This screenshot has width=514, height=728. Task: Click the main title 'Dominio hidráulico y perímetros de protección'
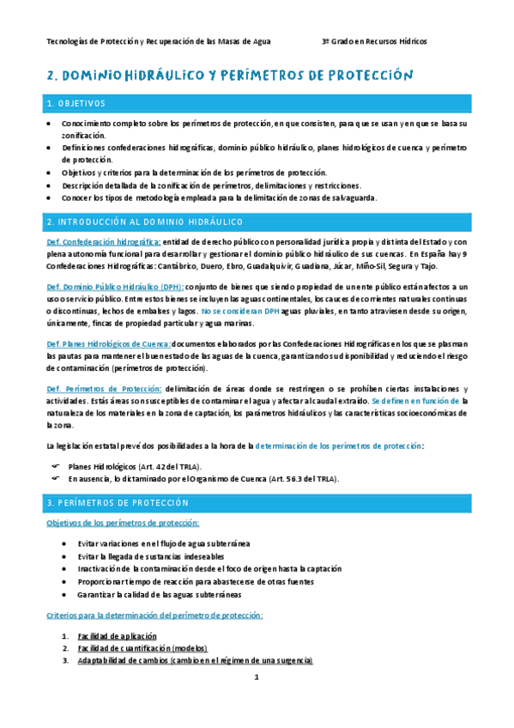pyautogui.click(x=230, y=76)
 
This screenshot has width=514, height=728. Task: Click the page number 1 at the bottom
pyautogui.click(x=256, y=677)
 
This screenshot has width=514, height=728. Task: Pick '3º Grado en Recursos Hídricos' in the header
pyautogui.click(x=373, y=41)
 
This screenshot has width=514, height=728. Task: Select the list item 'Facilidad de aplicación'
pyautogui.click(x=117, y=636)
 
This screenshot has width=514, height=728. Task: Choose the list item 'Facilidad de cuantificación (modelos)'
pyautogui.click(x=142, y=648)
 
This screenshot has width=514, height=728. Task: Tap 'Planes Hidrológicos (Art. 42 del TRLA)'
pyautogui.click(x=130, y=465)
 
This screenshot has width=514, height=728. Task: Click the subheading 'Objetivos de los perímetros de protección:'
pyautogui.click(x=123, y=522)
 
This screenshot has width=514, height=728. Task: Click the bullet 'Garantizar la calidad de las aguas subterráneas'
pyautogui.click(x=159, y=594)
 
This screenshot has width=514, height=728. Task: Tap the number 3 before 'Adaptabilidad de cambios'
pyautogui.click(x=64, y=661)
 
